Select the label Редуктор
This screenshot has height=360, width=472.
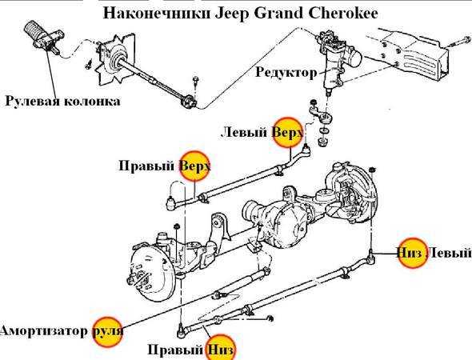[x=286, y=72]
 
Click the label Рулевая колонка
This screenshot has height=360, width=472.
[x=62, y=101]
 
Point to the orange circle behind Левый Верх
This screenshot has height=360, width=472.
[x=288, y=132]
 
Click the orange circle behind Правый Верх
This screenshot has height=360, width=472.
[x=194, y=166]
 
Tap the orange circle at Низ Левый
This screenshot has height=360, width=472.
[x=412, y=253]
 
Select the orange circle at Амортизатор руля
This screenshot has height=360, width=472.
[x=107, y=332]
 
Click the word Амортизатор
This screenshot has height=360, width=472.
[x=44, y=331]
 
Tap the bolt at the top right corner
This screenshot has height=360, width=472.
[x=462, y=42]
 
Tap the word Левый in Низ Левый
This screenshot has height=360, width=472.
[x=450, y=253]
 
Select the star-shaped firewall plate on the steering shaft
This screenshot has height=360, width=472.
[x=115, y=60]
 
